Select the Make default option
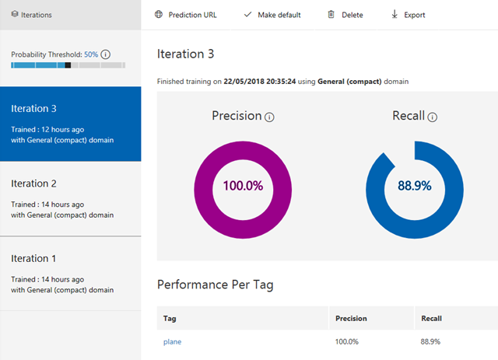(272, 15)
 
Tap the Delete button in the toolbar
(345, 15)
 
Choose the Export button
(408, 15)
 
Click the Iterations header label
(37, 15)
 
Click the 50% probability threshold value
(91, 54)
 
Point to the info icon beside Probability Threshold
(106, 54)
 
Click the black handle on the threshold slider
(68, 65)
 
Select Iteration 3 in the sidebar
(70, 124)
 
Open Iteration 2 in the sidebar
(70, 198)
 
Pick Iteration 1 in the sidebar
(70, 273)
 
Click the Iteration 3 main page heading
(185, 54)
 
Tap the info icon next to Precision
(269, 117)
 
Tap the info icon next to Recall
(433, 117)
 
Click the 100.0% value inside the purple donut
(243, 187)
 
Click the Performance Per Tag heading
(215, 285)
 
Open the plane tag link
(172, 341)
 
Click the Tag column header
(170, 318)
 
